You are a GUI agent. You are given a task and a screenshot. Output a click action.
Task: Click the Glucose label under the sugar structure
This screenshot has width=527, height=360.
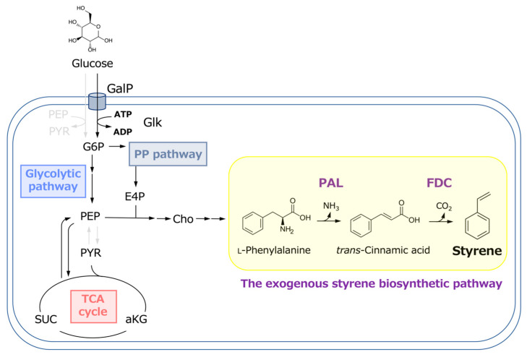(x=93, y=64)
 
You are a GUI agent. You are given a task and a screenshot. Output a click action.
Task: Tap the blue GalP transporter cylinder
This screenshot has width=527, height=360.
(x=97, y=101)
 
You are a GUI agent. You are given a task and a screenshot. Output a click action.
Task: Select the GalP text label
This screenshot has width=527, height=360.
(x=120, y=89)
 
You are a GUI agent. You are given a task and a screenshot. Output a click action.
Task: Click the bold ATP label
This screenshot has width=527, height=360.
(x=123, y=114)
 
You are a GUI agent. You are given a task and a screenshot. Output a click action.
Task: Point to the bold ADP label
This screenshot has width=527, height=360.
(x=123, y=132)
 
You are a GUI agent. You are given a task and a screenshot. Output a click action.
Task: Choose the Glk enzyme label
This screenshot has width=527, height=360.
(x=153, y=122)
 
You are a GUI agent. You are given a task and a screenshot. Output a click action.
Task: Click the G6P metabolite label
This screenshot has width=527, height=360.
(x=93, y=147)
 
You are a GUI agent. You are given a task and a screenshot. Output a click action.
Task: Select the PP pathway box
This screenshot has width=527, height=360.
(x=168, y=154)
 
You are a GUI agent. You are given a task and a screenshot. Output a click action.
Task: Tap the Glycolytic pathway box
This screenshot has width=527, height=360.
(x=53, y=181)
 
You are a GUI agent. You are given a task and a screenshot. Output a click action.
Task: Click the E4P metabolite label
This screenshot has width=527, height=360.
(x=134, y=197)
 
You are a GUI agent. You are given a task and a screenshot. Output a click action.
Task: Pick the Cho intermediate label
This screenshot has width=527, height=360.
(x=183, y=219)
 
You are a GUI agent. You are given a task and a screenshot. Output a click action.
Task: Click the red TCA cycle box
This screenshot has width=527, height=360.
(x=93, y=307)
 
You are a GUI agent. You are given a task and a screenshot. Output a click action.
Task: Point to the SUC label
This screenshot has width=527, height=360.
(x=46, y=319)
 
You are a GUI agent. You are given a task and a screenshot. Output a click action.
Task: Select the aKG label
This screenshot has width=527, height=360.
(x=136, y=319)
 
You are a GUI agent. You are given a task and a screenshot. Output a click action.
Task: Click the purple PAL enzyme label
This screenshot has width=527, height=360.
(x=331, y=183)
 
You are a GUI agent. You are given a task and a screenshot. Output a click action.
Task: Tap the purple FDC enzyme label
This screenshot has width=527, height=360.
(x=439, y=183)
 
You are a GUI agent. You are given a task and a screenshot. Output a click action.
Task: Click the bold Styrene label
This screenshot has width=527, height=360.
(x=477, y=251)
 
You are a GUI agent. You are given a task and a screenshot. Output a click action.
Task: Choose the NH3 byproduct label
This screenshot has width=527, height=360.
(x=331, y=206)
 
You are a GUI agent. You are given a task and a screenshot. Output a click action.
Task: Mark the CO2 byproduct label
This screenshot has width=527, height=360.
(x=444, y=206)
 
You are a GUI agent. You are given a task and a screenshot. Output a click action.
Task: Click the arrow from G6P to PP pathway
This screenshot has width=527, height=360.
(x=117, y=146)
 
